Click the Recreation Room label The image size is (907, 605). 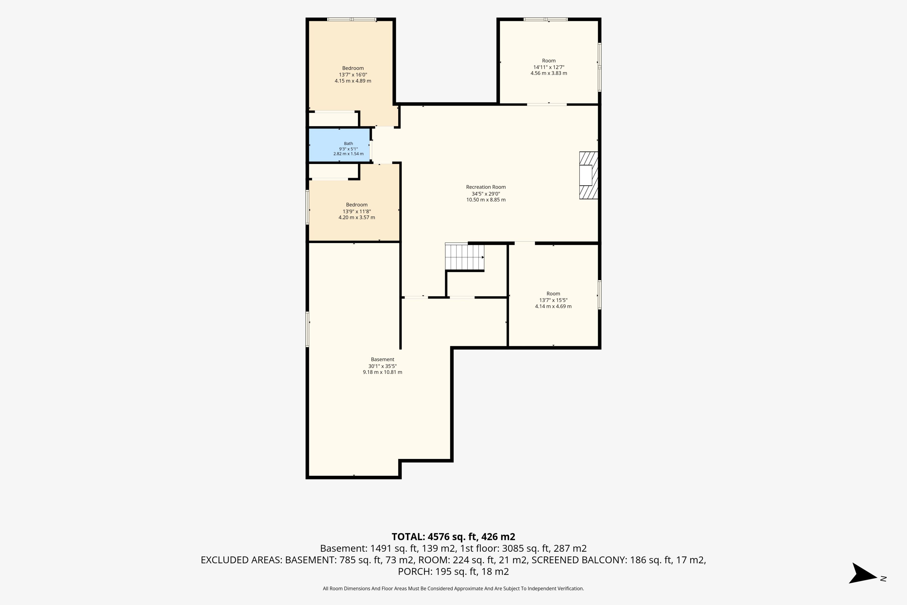486,187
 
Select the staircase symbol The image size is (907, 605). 464,257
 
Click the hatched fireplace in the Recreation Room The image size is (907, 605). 588,176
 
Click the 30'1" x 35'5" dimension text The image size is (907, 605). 383,366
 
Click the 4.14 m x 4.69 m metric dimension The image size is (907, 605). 553,306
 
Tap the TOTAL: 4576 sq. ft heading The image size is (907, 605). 453,537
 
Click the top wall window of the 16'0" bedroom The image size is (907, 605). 352,19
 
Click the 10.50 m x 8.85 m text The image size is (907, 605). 486,200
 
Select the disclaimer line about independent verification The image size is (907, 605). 453,588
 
